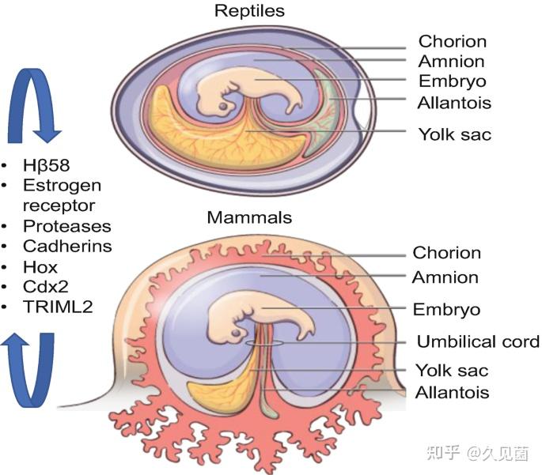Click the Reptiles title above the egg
point(249,11)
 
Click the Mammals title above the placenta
point(249,217)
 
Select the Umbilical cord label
point(478,341)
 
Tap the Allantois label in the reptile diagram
point(454,103)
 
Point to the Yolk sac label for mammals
point(452,371)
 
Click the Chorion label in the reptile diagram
point(453,41)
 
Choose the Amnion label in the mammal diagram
point(445,277)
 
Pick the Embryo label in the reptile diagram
point(453,81)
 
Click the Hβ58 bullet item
point(47,165)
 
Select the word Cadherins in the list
point(67,246)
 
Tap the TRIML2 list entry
point(58,307)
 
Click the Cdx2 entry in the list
point(46,287)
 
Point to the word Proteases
point(67,226)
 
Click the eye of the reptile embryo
point(224,106)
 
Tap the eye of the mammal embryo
point(236,333)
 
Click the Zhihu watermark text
point(478,453)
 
